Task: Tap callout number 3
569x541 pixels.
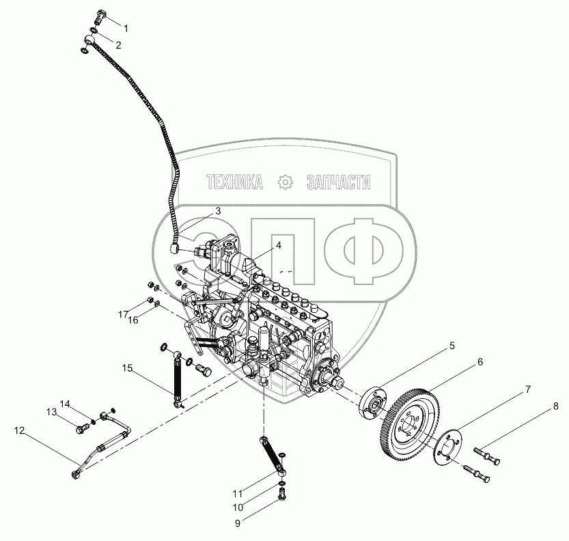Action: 218,211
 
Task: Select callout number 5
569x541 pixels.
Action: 452,346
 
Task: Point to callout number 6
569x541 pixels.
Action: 480,362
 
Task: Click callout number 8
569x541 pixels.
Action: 557,406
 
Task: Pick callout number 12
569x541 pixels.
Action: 19,430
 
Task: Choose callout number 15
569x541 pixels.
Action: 128,368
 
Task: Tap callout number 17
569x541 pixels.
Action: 123,314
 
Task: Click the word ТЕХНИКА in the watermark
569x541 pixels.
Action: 235,182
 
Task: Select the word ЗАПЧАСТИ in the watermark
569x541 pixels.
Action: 339,182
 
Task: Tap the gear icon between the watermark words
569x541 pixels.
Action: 285,182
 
